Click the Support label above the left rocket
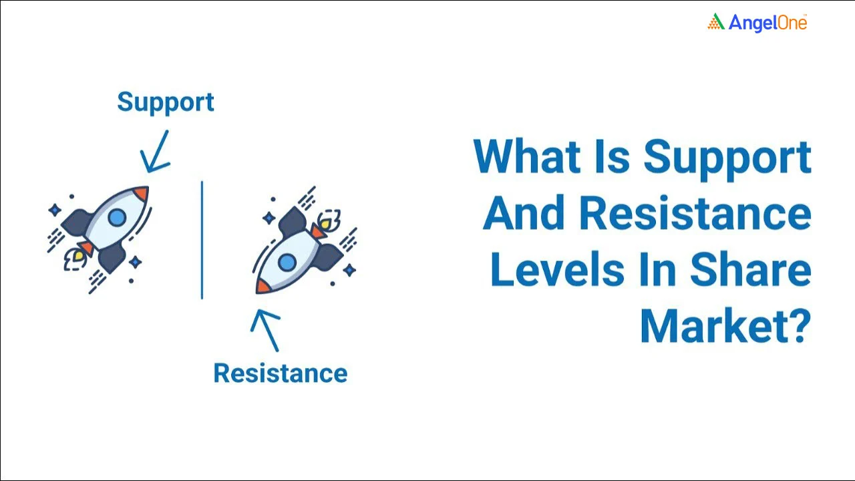pyautogui.click(x=166, y=102)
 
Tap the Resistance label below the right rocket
pyautogui.click(x=280, y=373)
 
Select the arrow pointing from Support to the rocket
pyautogui.click(x=155, y=152)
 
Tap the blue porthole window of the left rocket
pyautogui.click(x=117, y=217)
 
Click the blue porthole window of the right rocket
pyautogui.click(x=287, y=262)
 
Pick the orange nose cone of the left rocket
pyautogui.click(x=141, y=194)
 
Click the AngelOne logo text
pyautogui.click(x=767, y=23)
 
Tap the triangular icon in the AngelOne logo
pyautogui.click(x=716, y=22)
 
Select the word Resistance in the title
pyautogui.click(x=695, y=214)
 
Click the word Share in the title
pyautogui.click(x=750, y=271)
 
